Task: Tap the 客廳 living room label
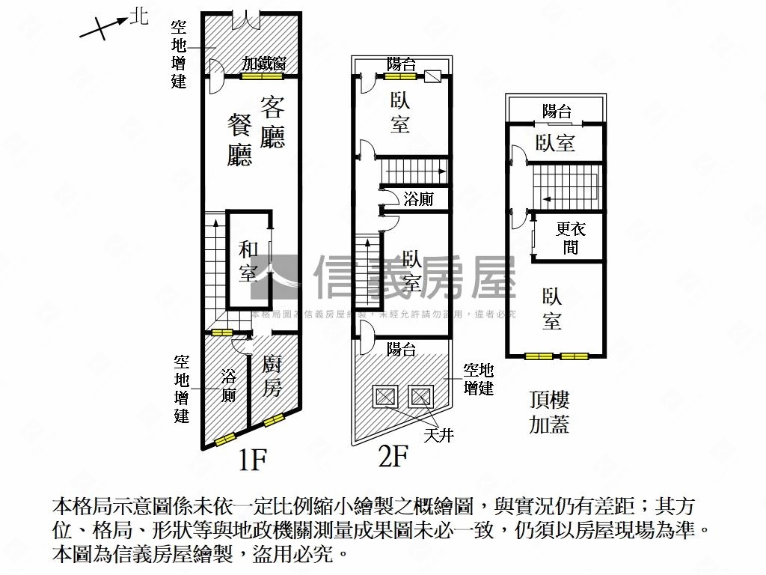(x=272, y=121)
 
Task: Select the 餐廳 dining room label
(x=241, y=140)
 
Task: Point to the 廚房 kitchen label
(x=272, y=377)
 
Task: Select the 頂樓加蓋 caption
(x=549, y=412)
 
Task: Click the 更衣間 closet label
(x=571, y=237)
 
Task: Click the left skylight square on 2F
(x=384, y=395)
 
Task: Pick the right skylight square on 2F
(x=420, y=395)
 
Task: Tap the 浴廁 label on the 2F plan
(x=417, y=199)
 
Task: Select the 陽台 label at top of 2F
(x=401, y=64)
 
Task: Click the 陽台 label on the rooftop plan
(x=557, y=112)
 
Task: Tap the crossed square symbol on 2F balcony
(x=433, y=76)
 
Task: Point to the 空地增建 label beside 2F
(x=478, y=379)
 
